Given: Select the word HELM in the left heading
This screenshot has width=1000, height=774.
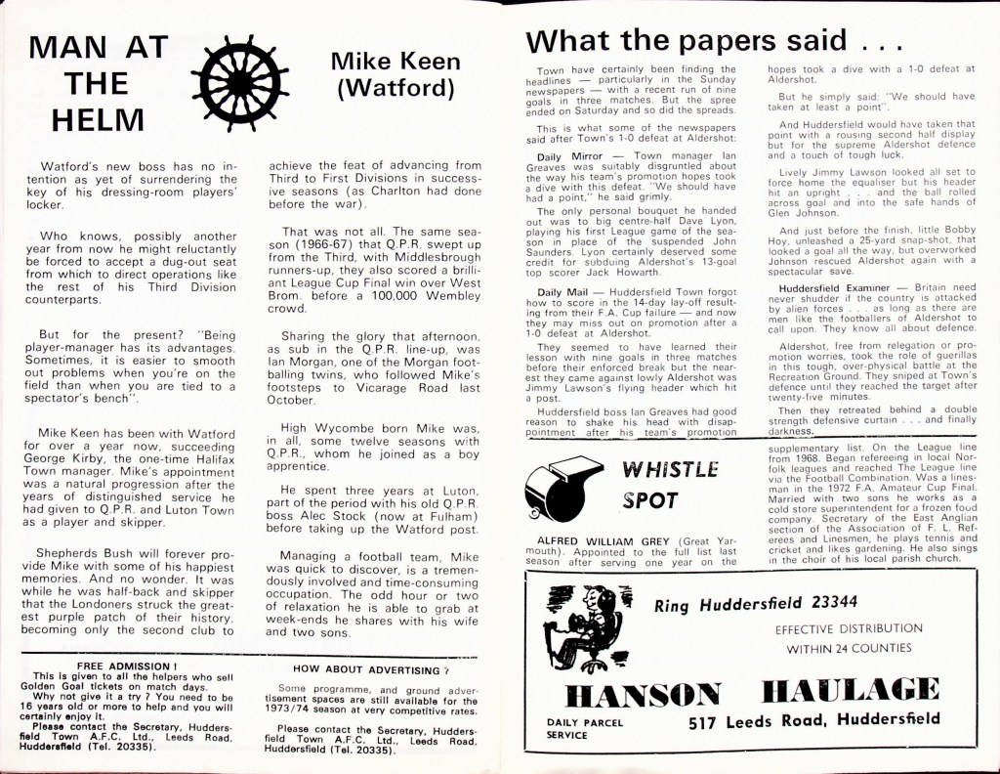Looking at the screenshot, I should point(97,118).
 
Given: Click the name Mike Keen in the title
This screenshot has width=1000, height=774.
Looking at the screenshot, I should point(396,62).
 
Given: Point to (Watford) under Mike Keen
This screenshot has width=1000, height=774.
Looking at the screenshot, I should point(396,90).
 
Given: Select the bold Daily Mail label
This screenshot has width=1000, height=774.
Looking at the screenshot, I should point(563,292).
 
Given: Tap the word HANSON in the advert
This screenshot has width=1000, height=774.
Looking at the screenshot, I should point(644,695).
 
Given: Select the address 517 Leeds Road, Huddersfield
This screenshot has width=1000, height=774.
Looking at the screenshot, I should point(813,722).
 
